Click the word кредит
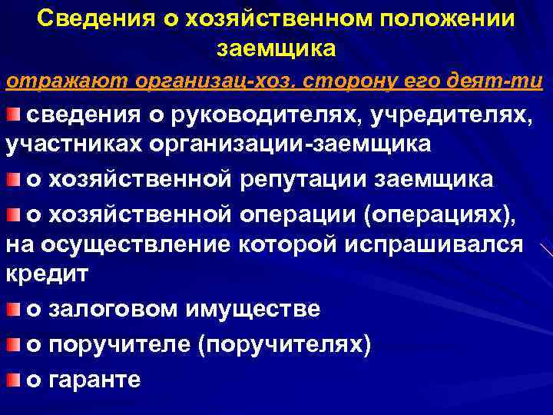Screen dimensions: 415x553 click(47, 273)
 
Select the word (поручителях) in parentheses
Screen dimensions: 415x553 click(285, 344)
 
